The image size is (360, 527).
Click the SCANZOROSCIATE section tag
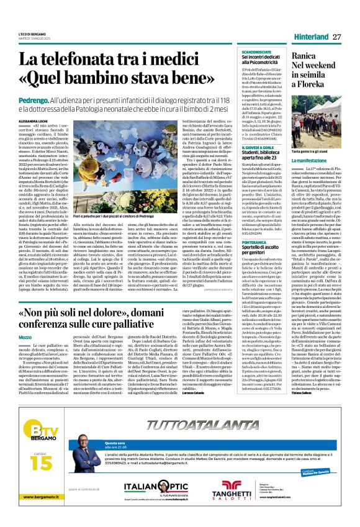236,52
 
